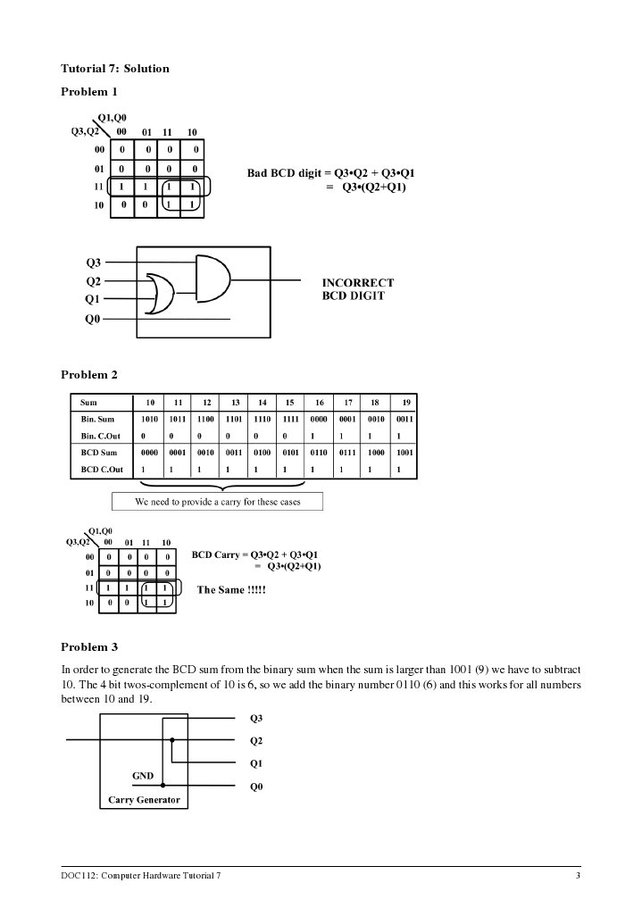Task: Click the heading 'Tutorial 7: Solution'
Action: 114,69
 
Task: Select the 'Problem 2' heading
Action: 88,375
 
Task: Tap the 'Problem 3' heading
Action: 88,647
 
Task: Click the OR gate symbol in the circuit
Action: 162,294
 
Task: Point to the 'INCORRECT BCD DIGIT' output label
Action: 357,289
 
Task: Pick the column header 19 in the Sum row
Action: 405,403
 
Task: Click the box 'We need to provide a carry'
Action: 217,502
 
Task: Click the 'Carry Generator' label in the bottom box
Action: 144,800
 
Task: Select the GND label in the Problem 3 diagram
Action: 143,777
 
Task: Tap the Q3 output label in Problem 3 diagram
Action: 256,718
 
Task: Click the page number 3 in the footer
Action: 579,876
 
